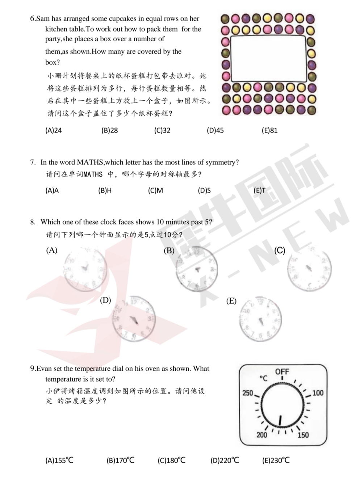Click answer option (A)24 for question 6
54,130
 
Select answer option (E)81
269,130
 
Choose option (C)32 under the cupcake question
162,130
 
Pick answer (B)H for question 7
105,190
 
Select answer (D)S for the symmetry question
204,190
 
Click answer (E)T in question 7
259,190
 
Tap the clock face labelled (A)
85,269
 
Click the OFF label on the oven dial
282,372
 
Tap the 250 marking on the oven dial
248,393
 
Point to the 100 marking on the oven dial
318,393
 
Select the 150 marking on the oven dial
303,435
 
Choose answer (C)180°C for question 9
171,460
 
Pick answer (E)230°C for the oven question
276,460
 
